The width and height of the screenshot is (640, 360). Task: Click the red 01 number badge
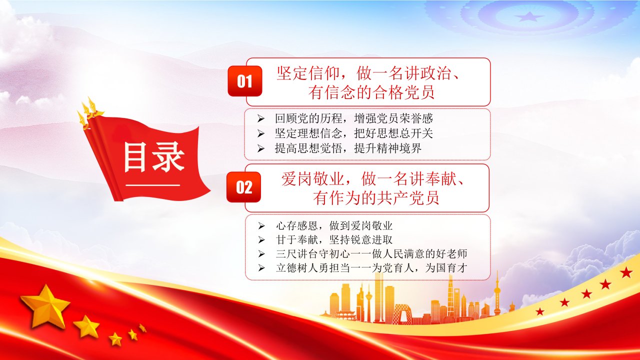pyautogui.click(x=245, y=81)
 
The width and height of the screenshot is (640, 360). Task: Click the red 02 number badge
pyautogui.click(x=243, y=187)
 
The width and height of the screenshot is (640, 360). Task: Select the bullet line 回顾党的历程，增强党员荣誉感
pyautogui.click(x=353, y=118)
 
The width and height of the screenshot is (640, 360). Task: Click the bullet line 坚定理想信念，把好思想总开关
pyautogui.click(x=353, y=133)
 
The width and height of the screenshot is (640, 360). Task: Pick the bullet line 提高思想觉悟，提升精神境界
pyautogui.click(x=348, y=148)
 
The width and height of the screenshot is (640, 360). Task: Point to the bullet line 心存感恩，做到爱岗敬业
pyautogui.click(x=334, y=225)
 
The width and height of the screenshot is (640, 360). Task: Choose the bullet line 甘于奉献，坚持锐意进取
pyautogui.click(x=334, y=239)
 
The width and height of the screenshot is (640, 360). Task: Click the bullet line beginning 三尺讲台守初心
pyautogui.click(x=371, y=253)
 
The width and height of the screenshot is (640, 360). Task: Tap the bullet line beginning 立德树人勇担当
pyautogui.click(x=371, y=268)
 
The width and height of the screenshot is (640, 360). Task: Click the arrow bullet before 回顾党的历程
pyautogui.click(x=260, y=118)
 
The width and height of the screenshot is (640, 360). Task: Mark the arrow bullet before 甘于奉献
pyautogui.click(x=261, y=240)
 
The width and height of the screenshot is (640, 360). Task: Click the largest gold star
pyautogui.click(x=45, y=305)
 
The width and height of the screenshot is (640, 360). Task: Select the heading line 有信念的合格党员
pyautogui.click(x=371, y=92)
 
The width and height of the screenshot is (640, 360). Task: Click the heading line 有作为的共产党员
pyautogui.click(x=375, y=197)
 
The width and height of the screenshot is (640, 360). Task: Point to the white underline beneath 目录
pyautogui.click(x=153, y=185)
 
